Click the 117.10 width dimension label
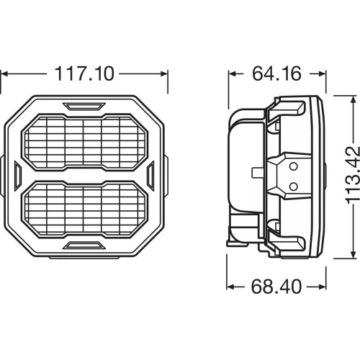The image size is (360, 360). pos(84,73)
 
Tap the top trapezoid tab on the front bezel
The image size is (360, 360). pos(84,106)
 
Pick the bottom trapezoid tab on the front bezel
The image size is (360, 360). pos(84,246)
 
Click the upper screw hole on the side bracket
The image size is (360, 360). pos(293,166)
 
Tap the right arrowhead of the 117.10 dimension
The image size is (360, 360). pos(164,73)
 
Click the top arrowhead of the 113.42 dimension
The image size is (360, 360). pos(351,97)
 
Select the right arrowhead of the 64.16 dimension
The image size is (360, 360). pos(321,73)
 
